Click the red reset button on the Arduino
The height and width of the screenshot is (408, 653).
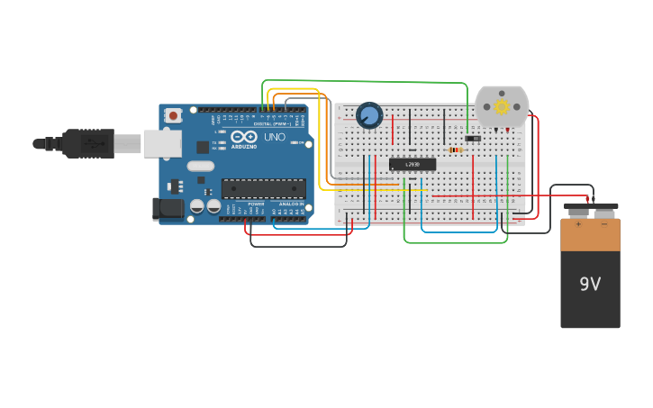173,115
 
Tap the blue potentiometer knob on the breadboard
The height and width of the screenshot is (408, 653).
369,115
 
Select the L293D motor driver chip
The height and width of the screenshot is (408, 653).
413,164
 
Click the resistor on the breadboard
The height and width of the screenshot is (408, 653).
455,150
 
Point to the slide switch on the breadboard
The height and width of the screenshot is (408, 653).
473,138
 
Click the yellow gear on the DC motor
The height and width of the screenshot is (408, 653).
502,106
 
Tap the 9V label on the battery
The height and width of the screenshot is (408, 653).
590,285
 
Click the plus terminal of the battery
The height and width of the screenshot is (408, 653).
578,213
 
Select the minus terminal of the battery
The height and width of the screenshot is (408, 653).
603,213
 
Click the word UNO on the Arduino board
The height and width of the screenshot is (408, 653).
274,138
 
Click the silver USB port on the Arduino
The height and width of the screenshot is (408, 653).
162,143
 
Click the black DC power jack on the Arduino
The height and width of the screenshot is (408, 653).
168,209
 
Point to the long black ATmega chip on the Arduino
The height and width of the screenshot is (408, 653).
263,188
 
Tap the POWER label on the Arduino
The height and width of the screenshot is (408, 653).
256,204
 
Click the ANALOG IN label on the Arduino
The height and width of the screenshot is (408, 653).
290,204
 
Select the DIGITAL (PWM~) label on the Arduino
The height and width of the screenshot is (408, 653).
272,122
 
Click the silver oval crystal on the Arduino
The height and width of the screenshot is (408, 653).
201,166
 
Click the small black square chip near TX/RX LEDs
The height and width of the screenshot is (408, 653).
203,147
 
